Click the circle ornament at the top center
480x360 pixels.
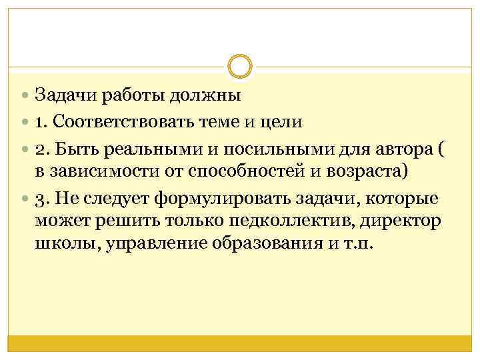(x=239, y=65)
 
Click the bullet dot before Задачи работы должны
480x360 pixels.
(x=26, y=95)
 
